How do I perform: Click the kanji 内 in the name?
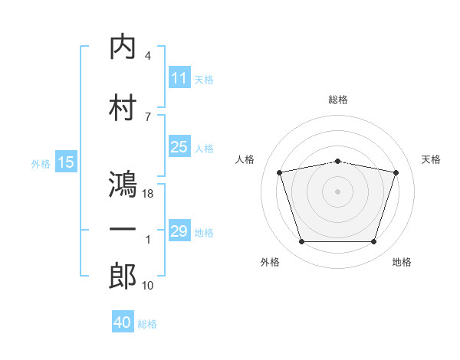coord(123,47)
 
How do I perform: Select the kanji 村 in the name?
coord(123,106)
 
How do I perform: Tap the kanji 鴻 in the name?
coord(123,185)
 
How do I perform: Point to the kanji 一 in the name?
coord(123,230)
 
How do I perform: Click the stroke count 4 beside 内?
coord(147,56)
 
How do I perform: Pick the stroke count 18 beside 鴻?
coord(149,194)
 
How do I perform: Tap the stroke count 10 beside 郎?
coord(149,285)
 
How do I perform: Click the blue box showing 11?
coord(179,78)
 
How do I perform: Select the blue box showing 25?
coord(179,147)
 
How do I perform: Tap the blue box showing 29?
coord(179,231)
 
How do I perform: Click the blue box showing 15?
coord(66,162)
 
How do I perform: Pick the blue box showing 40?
coord(123,322)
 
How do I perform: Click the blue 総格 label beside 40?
coord(148,324)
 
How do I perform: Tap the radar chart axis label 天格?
coord(432,159)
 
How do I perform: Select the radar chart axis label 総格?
coord(338,100)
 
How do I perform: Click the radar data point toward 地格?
coord(373,242)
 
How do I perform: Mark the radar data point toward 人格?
coord(280,172)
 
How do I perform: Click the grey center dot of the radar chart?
coord(338,191)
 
